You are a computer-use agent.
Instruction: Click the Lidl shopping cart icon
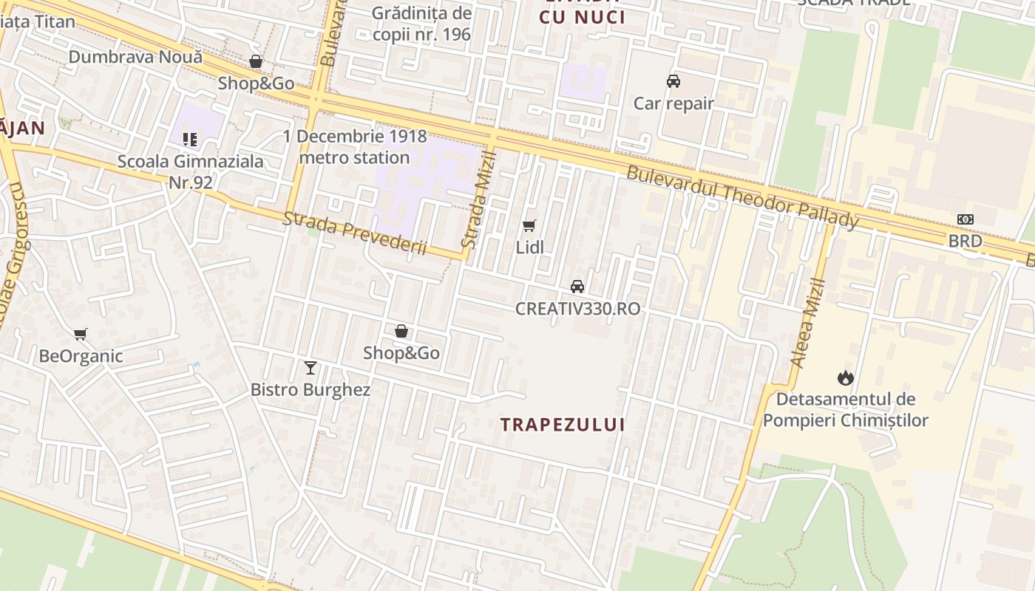point(529,225)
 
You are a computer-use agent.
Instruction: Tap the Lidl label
point(529,247)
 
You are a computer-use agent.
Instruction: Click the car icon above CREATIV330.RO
point(577,287)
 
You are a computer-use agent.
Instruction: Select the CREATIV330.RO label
point(577,309)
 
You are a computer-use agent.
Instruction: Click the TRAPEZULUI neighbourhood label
point(563,425)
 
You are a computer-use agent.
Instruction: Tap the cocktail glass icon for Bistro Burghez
point(310,367)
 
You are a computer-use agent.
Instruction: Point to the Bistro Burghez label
point(310,389)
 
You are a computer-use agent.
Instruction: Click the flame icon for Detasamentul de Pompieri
point(845,378)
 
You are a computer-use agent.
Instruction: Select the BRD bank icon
point(966,219)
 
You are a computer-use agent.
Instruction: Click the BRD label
point(966,241)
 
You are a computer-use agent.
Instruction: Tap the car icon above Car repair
point(673,81)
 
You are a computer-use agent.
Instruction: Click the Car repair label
point(673,103)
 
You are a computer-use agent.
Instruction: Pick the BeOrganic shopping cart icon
point(81,335)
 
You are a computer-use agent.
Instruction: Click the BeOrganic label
point(81,356)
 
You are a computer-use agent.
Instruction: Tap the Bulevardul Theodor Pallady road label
point(743,197)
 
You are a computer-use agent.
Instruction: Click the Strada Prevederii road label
point(356,233)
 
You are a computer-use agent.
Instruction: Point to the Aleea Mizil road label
point(807,323)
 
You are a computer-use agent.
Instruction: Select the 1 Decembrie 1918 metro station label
point(355,147)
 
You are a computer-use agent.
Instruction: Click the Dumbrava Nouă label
point(135,57)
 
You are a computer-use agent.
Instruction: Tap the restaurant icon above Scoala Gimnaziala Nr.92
point(189,139)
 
